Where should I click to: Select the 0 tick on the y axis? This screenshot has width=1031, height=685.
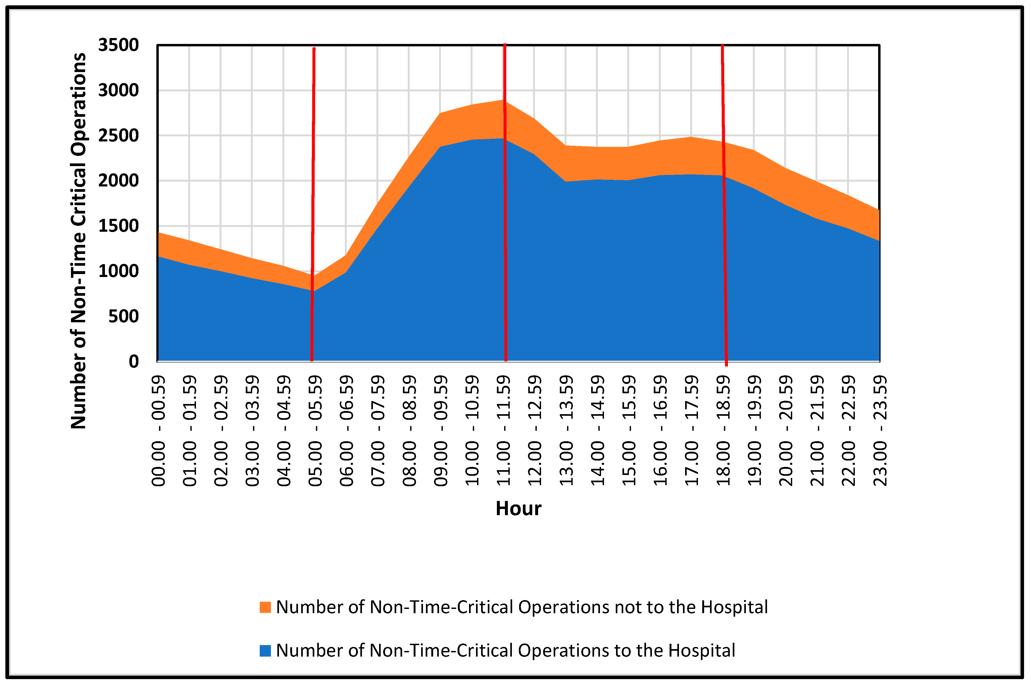(134, 362)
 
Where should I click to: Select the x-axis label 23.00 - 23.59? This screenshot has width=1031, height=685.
(880, 430)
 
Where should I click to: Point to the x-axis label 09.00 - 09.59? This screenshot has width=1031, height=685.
(441, 430)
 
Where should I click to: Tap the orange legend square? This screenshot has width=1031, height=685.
(265, 607)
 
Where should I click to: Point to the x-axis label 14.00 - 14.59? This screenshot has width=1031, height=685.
(598, 430)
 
